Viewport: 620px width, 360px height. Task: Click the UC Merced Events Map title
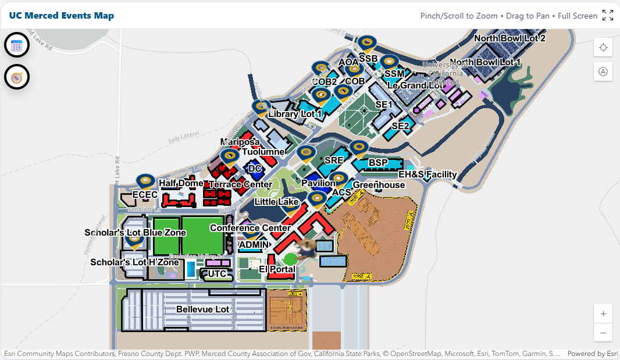(61, 16)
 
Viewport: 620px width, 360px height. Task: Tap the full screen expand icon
(608, 16)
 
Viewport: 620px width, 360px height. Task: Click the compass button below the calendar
(17, 77)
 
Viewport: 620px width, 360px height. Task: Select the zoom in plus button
(603, 313)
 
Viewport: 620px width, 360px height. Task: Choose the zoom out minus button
(603, 333)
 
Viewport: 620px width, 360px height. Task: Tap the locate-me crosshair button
(603, 48)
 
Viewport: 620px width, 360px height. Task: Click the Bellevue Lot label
(203, 309)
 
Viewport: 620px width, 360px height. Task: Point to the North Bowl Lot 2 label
(509, 39)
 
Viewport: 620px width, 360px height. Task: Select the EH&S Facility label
(427, 174)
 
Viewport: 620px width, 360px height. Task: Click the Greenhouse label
(379, 185)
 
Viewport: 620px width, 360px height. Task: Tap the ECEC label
(145, 194)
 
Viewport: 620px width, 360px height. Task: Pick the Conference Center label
(250, 228)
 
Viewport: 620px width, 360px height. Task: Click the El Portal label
(277, 269)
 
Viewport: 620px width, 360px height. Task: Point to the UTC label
(217, 273)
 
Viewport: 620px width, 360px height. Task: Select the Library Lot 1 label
(295, 115)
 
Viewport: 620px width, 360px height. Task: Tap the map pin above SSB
(367, 43)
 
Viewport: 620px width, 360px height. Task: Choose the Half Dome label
(181, 183)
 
